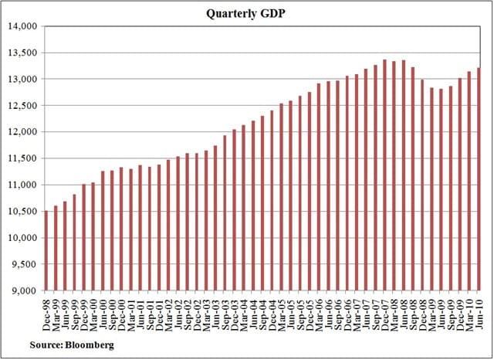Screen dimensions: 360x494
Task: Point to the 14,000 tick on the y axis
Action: [23, 26]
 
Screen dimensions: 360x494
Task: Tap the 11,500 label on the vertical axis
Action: [23, 158]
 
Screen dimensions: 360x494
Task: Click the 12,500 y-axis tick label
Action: [23, 106]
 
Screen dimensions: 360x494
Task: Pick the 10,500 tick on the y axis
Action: [23, 211]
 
